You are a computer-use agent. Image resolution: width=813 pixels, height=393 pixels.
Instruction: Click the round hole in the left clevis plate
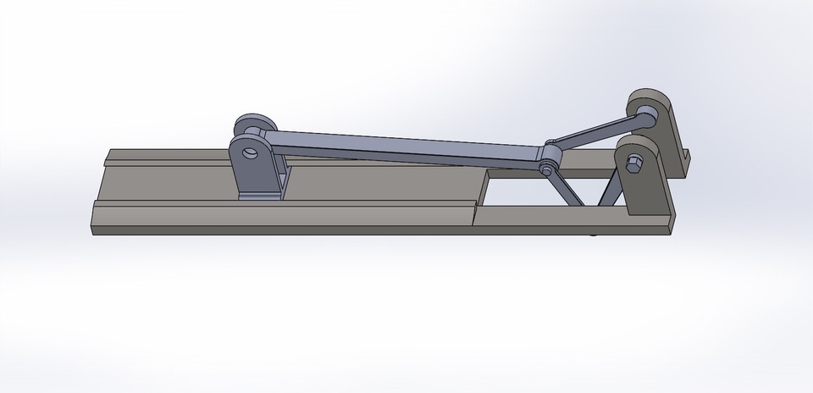click(251, 153)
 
